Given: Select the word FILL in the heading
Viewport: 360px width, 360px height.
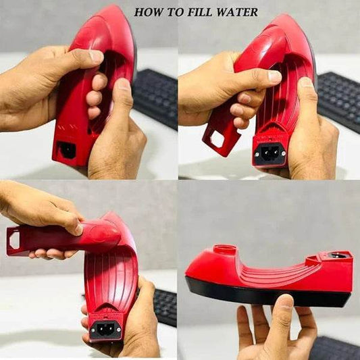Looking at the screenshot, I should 199,11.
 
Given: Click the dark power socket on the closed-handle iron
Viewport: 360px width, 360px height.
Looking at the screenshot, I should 68,149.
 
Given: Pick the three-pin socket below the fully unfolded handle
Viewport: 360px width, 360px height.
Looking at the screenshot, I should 106,329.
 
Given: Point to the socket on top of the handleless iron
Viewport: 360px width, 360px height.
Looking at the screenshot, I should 333,257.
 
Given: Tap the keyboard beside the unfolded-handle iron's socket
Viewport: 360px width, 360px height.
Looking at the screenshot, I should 165,307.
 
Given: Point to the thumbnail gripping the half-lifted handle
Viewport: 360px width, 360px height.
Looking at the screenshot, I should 274,76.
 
